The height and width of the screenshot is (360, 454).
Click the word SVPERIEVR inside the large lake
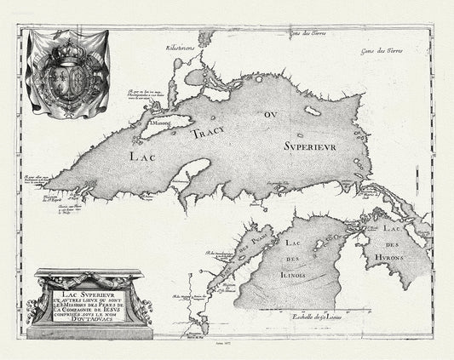pyautogui.click(x=311, y=146)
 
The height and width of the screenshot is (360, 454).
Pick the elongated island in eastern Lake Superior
pyautogui.click(x=313, y=111)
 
